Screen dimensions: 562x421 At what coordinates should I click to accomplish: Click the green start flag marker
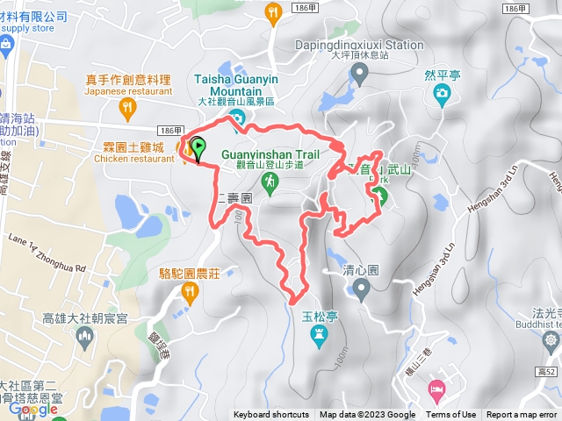198,149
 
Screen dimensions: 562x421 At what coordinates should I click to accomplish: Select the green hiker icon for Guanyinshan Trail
271,182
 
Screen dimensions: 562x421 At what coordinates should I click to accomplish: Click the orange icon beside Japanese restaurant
129,109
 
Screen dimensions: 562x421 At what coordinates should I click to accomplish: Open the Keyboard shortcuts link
270,415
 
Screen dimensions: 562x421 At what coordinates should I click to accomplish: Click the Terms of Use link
450,415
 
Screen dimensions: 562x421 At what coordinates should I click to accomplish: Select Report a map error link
522,415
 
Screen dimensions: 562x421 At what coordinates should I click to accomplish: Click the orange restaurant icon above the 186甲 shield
273,11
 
